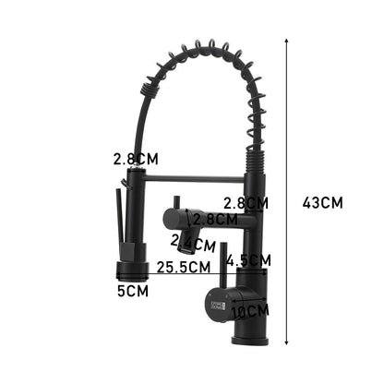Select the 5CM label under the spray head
(132, 292)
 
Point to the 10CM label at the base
(250, 311)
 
